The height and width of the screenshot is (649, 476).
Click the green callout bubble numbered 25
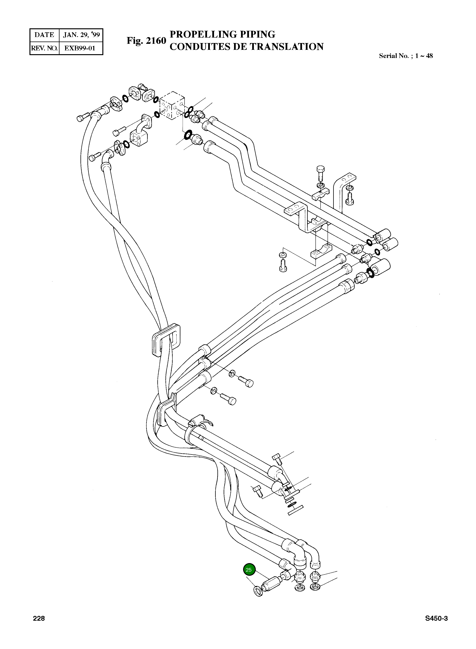point(249,570)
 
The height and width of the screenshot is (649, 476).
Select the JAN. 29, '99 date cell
point(81,35)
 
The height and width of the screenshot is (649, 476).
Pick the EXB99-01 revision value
point(80,48)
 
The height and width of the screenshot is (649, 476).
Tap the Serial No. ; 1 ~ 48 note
point(406,56)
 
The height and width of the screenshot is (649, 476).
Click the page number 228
point(39,618)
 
